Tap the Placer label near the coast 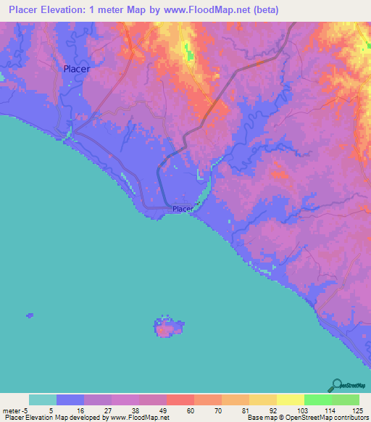(183, 210)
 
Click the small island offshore (168, 328)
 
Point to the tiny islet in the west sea (30, 315)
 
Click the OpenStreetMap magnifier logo (336, 385)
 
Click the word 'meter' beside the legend (12, 410)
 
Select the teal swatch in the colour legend (43, 400)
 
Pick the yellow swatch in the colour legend (291, 400)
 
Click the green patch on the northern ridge (191, 53)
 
